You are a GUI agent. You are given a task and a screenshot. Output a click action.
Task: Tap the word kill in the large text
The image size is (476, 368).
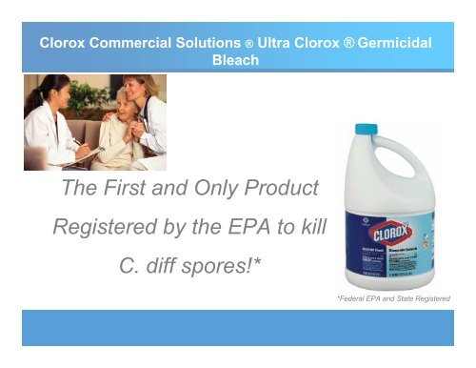[311, 227]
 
